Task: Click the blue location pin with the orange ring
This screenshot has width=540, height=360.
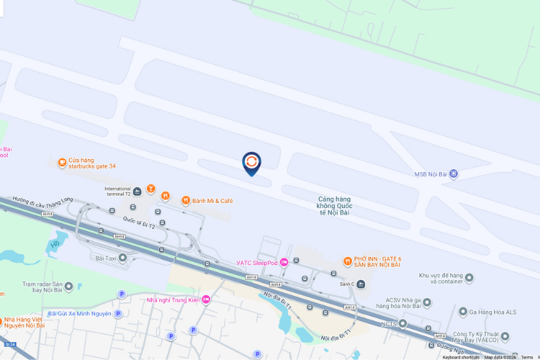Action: tap(251, 163)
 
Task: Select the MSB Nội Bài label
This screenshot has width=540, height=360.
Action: tap(431, 174)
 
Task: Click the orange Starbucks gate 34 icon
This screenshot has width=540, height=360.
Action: tap(63, 163)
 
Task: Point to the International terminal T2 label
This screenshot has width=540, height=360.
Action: tap(117, 191)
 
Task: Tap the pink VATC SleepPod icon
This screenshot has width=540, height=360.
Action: tap(284, 262)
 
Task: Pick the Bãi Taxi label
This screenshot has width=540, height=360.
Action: tap(107, 257)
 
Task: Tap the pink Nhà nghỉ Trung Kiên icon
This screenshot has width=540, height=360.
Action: tap(206, 300)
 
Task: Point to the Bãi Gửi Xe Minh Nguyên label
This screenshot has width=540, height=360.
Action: tap(79, 313)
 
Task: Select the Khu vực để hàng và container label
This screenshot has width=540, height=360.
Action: tap(440, 279)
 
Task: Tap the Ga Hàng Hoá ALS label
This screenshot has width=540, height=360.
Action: tap(492, 311)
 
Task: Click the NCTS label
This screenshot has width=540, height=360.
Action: tap(389, 324)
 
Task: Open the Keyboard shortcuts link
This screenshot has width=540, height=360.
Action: tap(461, 357)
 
